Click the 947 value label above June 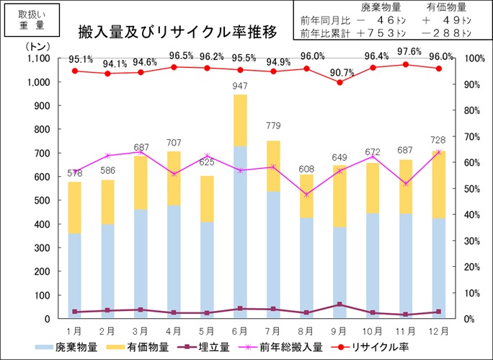pyautogui.click(x=239, y=87)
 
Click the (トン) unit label pyautogui.click(x=36, y=45)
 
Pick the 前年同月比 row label pyautogui.click(x=324, y=20)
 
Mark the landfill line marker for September pyautogui.click(x=339, y=304)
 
